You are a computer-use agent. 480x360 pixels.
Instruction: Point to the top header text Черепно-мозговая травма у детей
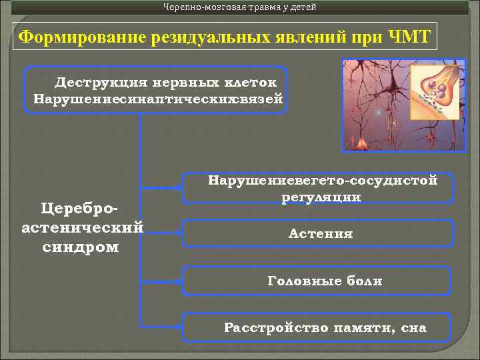(240, 7)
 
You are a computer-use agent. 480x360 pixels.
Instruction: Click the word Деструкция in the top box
(93, 83)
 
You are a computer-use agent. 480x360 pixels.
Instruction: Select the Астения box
(321, 234)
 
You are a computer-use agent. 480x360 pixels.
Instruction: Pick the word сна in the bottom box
(413, 327)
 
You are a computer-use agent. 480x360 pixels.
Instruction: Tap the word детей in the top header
(302, 7)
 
